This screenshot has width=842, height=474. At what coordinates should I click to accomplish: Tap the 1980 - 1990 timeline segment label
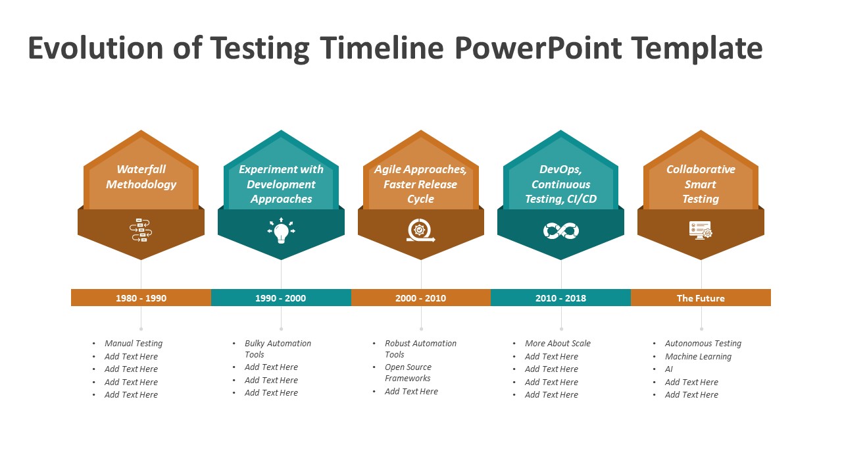click(x=141, y=298)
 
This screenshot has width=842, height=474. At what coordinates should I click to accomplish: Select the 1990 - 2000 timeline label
click(x=281, y=298)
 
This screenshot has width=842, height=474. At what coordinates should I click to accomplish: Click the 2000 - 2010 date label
click(x=421, y=298)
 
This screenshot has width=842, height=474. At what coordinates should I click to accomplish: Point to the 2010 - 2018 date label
click(x=560, y=298)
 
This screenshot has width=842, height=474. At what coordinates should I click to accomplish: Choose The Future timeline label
click(x=701, y=298)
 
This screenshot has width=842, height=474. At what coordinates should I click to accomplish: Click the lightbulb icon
click(x=282, y=231)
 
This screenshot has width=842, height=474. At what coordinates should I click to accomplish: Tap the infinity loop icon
click(x=561, y=230)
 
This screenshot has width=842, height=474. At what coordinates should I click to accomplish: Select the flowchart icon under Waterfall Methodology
click(x=141, y=230)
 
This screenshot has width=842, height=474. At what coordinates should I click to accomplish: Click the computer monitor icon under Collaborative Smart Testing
click(x=701, y=230)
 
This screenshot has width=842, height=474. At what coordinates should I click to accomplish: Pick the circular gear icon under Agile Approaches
click(x=420, y=231)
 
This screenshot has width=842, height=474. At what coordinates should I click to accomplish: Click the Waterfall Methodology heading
click(x=141, y=177)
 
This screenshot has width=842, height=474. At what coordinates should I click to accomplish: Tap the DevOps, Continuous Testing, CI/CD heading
click(x=561, y=184)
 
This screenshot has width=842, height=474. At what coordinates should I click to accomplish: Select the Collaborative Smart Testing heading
click(x=701, y=184)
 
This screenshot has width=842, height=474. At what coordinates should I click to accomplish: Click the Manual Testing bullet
click(x=134, y=344)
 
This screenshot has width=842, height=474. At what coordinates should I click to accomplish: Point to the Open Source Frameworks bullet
click(x=408, y=373)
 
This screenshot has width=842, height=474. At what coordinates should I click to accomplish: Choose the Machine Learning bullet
click(x=698, y=357)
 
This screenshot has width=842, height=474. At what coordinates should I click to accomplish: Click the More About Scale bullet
click(x=558, y=344)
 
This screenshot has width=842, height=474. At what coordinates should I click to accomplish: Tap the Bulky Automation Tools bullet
click(x=278, y=349)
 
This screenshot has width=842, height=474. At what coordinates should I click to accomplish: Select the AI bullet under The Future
click(x=669, y=369)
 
